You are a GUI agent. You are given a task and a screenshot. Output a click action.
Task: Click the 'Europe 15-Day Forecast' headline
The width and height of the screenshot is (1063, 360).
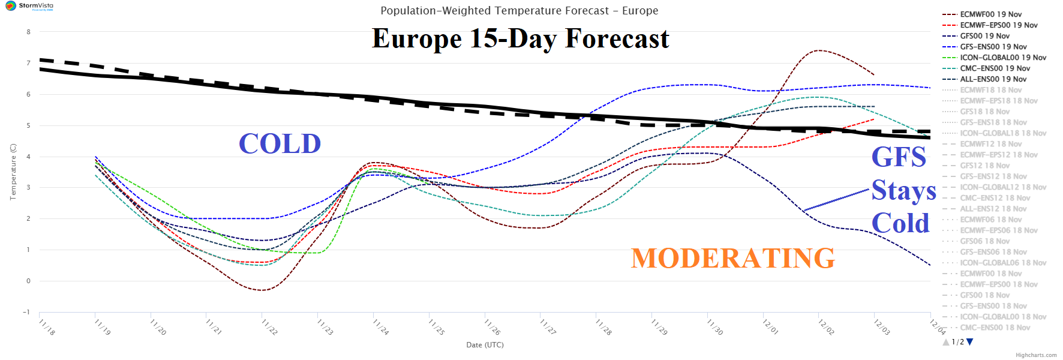point(520,38)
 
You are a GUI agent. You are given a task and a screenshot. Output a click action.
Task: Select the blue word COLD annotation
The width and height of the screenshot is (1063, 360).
point(280,143)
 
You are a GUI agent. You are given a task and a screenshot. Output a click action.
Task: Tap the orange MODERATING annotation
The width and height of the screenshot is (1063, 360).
point(732,258)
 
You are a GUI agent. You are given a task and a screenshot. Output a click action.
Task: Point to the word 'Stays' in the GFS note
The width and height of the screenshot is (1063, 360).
point(903,191)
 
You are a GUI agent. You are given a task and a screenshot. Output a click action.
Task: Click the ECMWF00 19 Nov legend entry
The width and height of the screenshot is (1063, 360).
point(990,14)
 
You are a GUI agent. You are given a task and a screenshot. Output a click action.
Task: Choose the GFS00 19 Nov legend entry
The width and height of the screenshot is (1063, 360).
point(984,36)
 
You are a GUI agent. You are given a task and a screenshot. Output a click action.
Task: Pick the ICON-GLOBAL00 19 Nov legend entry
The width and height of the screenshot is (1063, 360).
point(1002,58)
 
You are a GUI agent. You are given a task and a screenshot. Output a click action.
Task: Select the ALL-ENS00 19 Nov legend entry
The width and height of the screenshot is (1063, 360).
point(993,79)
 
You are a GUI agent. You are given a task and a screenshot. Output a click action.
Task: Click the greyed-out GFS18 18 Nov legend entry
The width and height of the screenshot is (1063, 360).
point(984,112)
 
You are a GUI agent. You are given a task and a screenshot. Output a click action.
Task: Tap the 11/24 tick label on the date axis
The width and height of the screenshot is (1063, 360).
point(381,327)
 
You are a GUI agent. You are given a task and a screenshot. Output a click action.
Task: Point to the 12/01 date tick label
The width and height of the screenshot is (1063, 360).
point(770,327)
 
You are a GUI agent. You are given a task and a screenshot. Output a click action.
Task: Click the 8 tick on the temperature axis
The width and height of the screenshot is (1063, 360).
point(28,32)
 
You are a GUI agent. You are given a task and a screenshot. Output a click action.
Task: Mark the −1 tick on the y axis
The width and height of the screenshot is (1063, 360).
point(26,312)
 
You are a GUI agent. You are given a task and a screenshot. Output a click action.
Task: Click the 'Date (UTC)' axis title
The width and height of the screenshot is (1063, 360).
point(485,345)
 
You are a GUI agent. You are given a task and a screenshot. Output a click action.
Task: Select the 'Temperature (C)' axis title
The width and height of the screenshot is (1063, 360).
point(13,172)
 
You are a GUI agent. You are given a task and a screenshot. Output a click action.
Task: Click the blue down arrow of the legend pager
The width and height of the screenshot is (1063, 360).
point(970,342)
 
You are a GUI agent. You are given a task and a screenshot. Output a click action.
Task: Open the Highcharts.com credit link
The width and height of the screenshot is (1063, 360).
point(1036,355)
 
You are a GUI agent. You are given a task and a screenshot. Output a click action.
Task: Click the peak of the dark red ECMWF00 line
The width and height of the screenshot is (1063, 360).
point(819,50)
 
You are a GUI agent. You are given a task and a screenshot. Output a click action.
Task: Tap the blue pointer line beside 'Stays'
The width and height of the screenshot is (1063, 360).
point(836,200)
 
